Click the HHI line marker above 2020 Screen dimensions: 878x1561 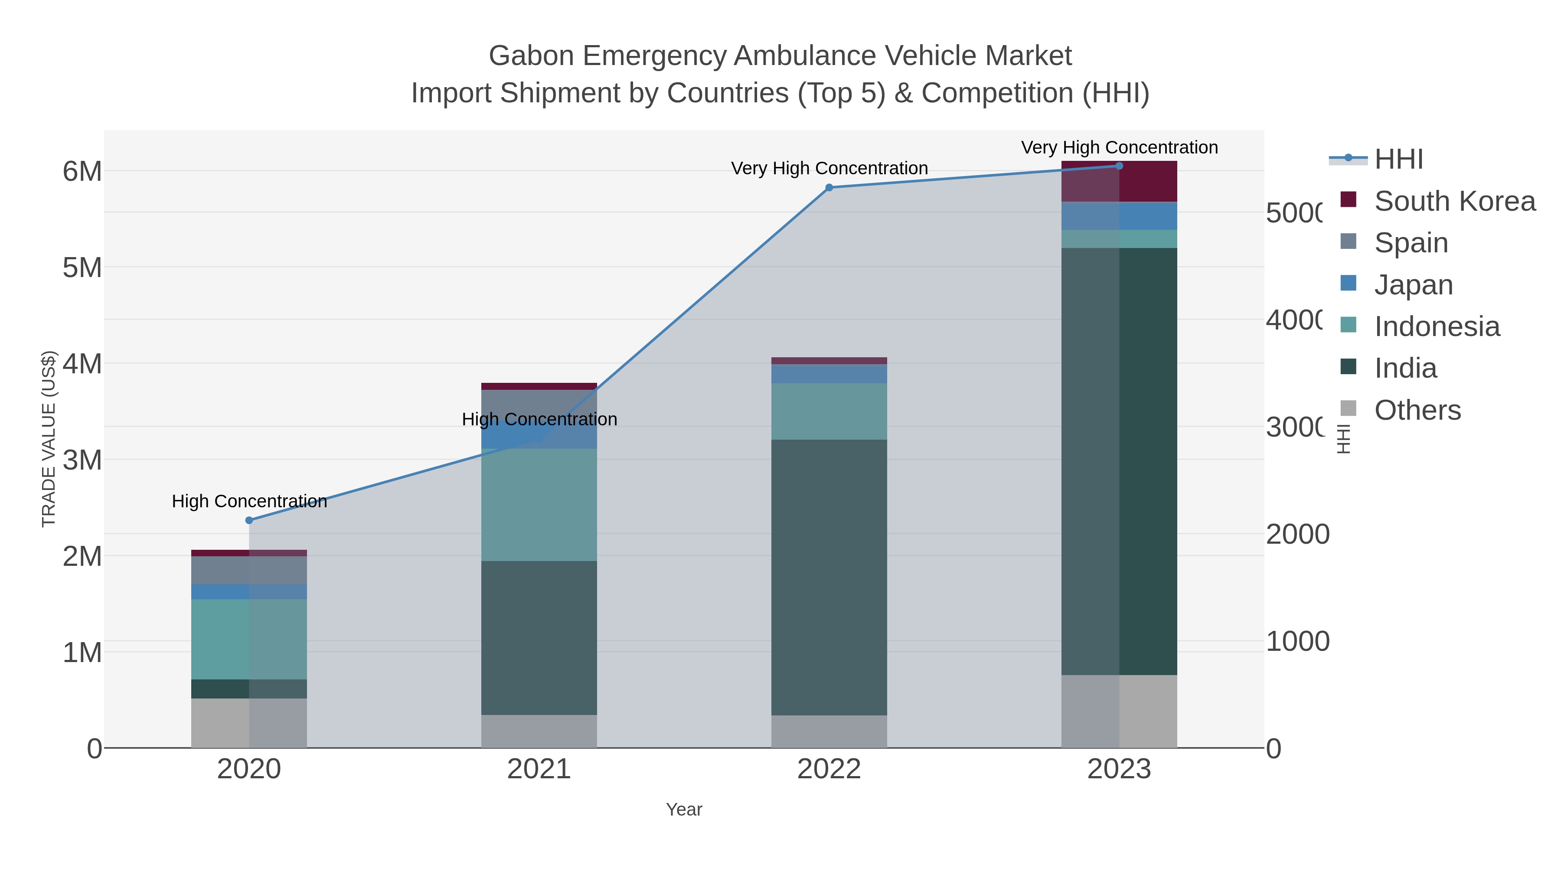(249, 520)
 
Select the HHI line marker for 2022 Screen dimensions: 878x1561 (829, 188)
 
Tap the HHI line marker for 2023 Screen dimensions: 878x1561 (1119, 166)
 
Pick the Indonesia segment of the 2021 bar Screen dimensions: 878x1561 (539, 504)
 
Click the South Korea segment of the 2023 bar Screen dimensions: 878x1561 (1119, 182)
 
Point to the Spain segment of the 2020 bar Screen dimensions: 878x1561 (249, 570)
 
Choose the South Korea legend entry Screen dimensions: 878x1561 (1454, 201)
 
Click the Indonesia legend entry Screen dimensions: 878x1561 (1436, 326)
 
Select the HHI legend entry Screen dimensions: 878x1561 (1398, 160)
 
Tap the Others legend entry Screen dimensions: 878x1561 (1417, 410)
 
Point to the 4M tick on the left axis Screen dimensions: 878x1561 (82, 364)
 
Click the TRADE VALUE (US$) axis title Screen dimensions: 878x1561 (49, 439)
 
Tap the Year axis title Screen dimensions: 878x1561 (683, 809)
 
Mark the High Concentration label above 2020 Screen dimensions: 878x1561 (249, 501)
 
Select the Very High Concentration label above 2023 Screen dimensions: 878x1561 (1119, 147)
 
